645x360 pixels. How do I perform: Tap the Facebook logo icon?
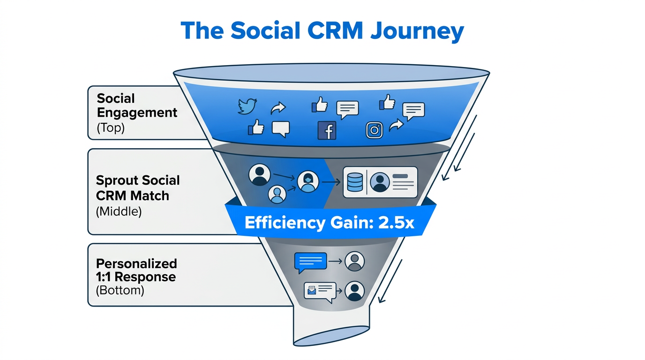(x=327, y=130)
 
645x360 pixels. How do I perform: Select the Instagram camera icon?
(x=374, y=130)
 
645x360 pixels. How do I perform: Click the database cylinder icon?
(x=355, y=182)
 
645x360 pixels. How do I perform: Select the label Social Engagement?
(x=137, y=105)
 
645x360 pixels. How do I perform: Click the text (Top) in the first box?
(x=111, y=128)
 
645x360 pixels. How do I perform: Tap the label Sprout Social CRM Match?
(x=138, y=187)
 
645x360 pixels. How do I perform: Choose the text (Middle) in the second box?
(x=118, y=211)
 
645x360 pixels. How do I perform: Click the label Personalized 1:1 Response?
(x=136, y=270)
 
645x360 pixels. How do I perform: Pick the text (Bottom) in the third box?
(x=120, y=290)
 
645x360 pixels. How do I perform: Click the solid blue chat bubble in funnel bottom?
(x=310, y=262)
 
